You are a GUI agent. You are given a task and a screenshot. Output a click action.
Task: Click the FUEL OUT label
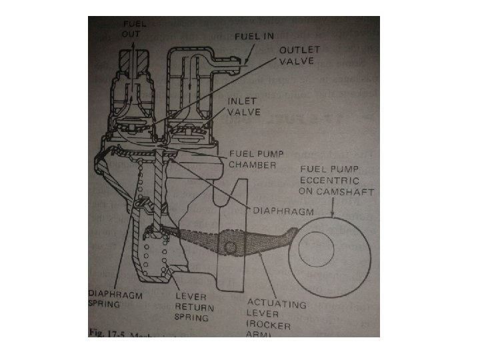coord(134,28)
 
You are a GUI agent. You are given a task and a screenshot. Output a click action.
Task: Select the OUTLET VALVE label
coord(299,55)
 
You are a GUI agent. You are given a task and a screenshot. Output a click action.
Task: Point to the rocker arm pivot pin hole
coord(231,249)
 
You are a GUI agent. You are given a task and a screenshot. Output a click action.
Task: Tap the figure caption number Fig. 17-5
coord(107,332)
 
